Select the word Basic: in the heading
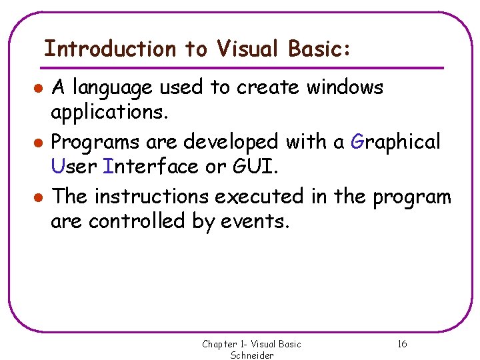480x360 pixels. tap(319, 49)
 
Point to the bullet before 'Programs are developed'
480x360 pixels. tap(40, 143)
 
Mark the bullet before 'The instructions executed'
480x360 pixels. tap(40, 198)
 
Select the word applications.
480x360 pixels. tap(109, 113)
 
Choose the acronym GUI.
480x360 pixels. tap(253, 167)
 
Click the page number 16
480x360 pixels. tap(402, 344)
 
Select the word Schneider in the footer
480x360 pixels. tap(252, 355)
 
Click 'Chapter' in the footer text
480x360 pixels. tap(220, 344)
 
